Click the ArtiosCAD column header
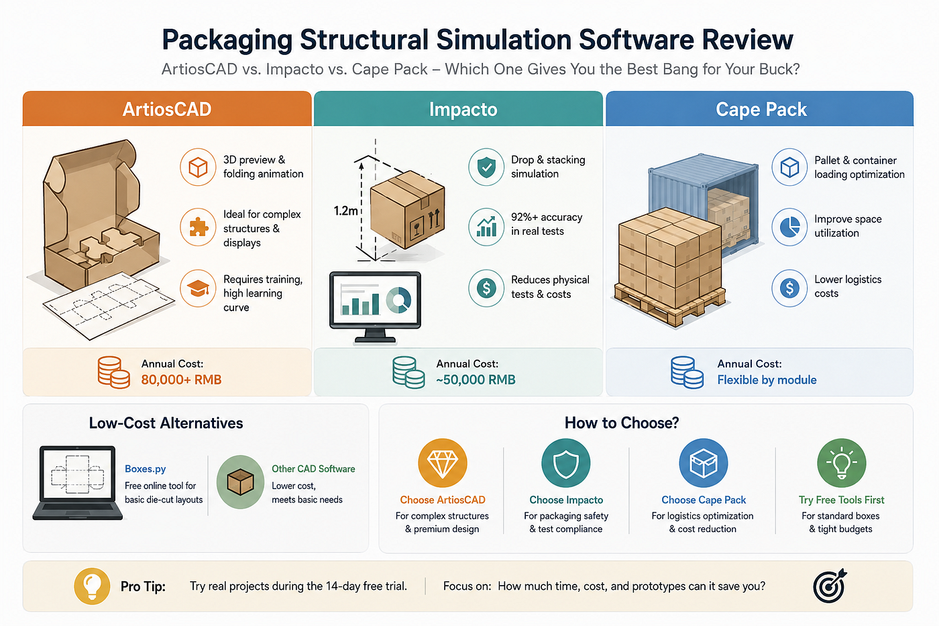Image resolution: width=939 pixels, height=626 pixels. point(167,109)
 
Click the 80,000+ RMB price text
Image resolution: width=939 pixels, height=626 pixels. point(181,380)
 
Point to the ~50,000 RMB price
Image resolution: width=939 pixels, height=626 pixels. point(476,380)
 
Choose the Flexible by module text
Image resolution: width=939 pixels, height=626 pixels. point(767,380)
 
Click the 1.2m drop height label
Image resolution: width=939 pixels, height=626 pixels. point(345,211)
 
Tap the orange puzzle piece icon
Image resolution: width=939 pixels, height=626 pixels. point(198,227)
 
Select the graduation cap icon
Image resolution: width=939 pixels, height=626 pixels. point(198,289)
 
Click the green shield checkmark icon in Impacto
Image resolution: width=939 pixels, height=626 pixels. point(486,167)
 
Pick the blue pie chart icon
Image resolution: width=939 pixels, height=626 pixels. point(789,227)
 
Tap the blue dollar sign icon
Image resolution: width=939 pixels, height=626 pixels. point(789,289)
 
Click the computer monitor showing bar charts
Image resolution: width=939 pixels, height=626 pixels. point(375,308)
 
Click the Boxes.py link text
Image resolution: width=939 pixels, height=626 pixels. point(145,469)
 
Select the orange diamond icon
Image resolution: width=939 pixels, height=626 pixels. point(442,463)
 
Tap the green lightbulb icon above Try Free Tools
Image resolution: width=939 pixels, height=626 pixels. point(841,463)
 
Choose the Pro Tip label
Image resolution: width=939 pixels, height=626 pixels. point(143,586)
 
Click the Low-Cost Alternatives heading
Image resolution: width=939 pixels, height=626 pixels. point(166,423)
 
